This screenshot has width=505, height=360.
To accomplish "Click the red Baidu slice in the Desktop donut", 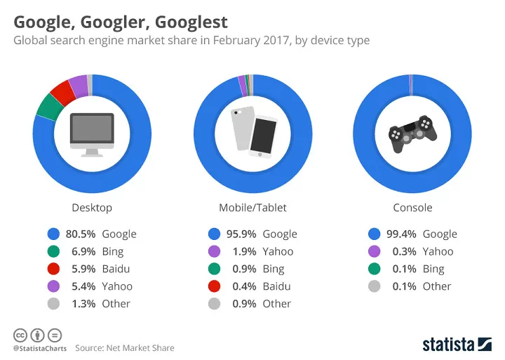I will click(63, 91).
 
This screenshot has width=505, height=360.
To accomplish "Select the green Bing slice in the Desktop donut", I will click(48, 106).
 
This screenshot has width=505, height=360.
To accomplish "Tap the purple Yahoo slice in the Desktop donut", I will click(79, 84).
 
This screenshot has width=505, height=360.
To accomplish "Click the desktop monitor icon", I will click(92, 134).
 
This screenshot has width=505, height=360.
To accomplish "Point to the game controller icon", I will click(412, 134).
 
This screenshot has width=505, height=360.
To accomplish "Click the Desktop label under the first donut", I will click(92, 208).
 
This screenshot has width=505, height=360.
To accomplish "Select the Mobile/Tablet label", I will click(252, 208).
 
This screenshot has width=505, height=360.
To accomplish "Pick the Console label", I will click(412, 208).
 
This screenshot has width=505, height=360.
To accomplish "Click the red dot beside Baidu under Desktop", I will click(53, 269).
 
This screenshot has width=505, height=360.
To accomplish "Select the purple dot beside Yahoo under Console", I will click(374, 251).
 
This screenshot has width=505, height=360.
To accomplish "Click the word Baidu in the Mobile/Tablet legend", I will click(278, 286).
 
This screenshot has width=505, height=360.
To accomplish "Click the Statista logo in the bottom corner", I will click(457, 344).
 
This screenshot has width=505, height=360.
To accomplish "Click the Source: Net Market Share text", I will click(125, 348).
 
